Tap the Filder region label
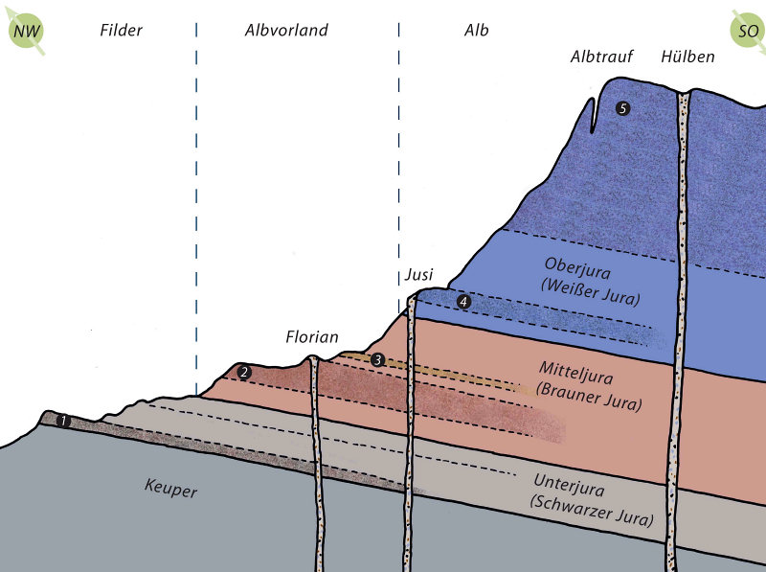pyautogui.click(x=121, y=31)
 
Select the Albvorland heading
pyautogui.click(x=285, y=31)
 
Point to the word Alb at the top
pyautogui.click(x=476, y=31)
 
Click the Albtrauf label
pyautogui.click(x=601, y=57)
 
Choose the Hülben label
pyautogui.click(x=687, y=57)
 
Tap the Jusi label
pyautogui.click(x=417, y=276)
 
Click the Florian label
pyautogui.click(x=312, y=336)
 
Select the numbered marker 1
pyautogui.click(x=63, y=421)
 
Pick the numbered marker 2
pyautogui.click(x=244, y=372)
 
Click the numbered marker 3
pyautogui.click(x=378, y=360)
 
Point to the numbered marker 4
pyautogui.click(x=464, y=302)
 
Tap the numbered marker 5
pyautogui.click(x=623, y=109)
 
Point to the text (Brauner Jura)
pyautogui.click(x=589, y=390)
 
